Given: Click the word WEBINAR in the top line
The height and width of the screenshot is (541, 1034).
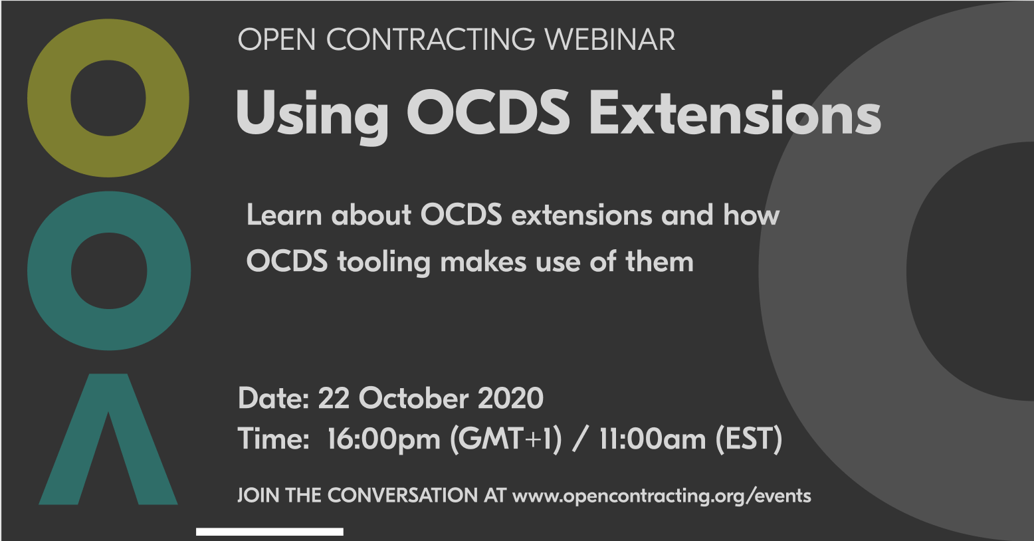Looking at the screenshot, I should [609, 40].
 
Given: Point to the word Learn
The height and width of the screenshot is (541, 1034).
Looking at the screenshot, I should [284, 215].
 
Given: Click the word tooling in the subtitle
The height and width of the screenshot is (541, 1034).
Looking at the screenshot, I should [384, 262].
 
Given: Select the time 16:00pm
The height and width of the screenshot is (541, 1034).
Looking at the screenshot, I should [383, 439].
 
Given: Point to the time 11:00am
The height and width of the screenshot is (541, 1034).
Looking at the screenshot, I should [652, 439].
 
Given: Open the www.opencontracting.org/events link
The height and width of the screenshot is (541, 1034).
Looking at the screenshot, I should [661, 496].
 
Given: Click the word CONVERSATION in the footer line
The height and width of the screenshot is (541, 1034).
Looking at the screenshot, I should [402, 495].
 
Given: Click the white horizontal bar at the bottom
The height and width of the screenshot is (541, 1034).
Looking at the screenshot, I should [269, 532].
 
